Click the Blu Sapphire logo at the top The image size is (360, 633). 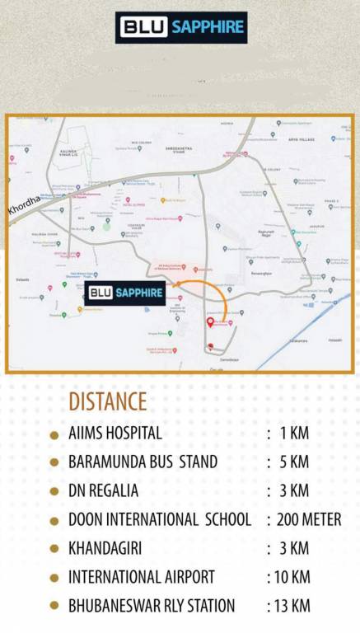pyautogui.click(x=181, y=27)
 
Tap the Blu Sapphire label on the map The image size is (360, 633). pyautogui.click(x=125, y=293)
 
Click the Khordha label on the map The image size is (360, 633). pyautogui.click(x=22, y=205)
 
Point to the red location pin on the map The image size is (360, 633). pyautogui.click(x=210, y=321)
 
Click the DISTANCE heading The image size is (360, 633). pyautogui.click(x=107, y=402)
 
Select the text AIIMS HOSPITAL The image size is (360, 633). pyautogui.click(x=115, y=433)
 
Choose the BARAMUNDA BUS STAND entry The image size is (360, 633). pyautogui.click(x=143, y=462)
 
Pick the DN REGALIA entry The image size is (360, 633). pyautogui.click(x=103, y=490)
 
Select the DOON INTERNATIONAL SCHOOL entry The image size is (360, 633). pyautogui.click(x=160, y=519)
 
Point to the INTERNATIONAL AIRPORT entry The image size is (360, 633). pyautogui.click(x=141, y=577)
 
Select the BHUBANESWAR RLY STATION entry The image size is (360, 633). pyautogui.click(x=152, y=606)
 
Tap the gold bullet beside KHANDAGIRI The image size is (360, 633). pyautogui.click(x=54, y=549)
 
